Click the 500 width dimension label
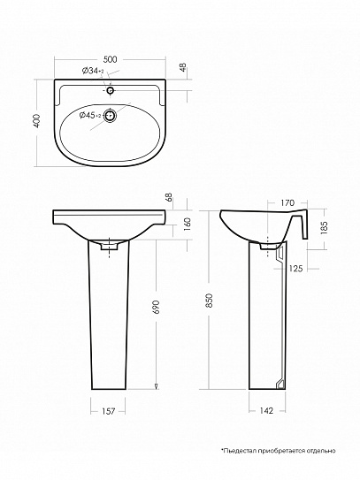click(110, 59)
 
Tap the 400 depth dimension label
click(37, 120)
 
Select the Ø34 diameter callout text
click(93, 71)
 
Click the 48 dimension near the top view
click(183, 67)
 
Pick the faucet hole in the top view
click(111, 90)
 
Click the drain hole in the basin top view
click(110, 116)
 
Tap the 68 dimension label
click(169, 198)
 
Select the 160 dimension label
click(188, 224)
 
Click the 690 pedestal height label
click(156, 307)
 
